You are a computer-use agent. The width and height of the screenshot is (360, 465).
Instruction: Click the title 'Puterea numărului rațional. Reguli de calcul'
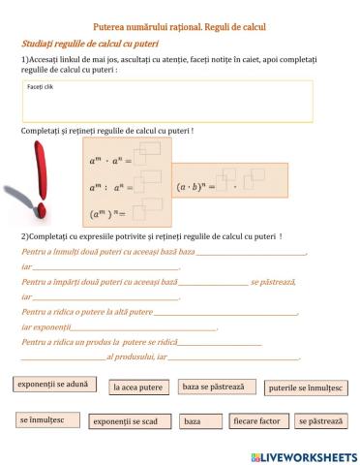pyautogui.click(x=179, y=27)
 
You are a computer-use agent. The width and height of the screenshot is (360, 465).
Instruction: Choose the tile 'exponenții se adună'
pyautogui.click(x=53, y=385)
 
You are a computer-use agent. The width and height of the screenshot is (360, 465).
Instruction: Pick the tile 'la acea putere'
pyautogui.click(x=138, y=387)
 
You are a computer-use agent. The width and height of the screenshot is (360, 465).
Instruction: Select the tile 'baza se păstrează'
pyautogui.click(x=213, y=387)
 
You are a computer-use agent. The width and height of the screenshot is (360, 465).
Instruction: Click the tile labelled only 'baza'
pyautogui.click(x=193, y=422)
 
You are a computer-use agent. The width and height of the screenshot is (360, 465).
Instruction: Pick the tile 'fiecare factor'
pyautogui.click(x=257, y=421)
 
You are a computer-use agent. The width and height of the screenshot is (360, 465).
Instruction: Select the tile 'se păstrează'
pyautogui.click(x=320, y=421)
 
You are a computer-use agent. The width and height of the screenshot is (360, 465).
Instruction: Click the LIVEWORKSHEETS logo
pyautogui.click(x=303, y=455)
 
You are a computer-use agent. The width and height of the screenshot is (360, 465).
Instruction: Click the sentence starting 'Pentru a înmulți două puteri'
pyautogui.click(x=106, y=251)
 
